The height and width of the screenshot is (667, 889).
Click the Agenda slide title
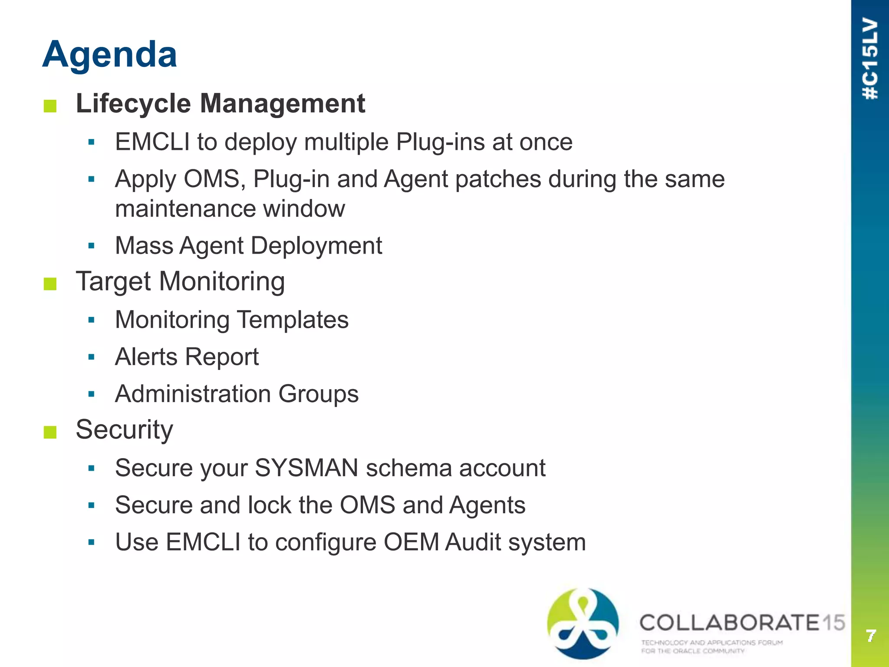[x=109, y=54]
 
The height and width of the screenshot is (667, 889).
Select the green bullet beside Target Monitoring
[x=50, y=284]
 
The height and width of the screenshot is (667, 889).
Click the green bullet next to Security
[x=50, y=432]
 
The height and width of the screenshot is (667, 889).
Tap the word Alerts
[x=146, y=357]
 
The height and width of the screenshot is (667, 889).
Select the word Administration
[x=193, y=394]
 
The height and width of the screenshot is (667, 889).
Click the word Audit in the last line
[x=473, y=542]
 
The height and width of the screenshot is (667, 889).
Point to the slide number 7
[x=870, y=636]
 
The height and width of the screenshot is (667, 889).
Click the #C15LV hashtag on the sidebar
[x=870, y=59]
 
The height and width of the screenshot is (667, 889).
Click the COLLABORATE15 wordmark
[x=741, y=623]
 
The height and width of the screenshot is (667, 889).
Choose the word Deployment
[x=316, y=246]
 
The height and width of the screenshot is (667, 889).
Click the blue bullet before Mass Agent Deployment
[x=91, y=246]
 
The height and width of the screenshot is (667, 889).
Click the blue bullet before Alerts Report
[x=91, y=357]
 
